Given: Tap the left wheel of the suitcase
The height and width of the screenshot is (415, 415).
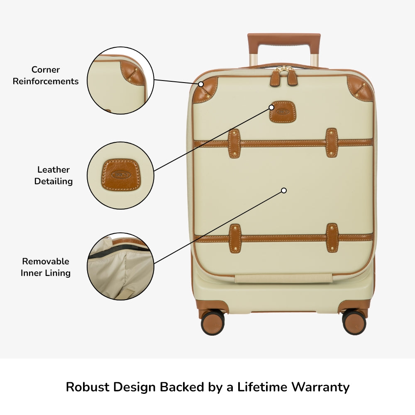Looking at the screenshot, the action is pyautogui.click(x=212, y=322).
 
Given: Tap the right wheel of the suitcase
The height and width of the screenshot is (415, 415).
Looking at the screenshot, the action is pyautogui.click(x=354, y=322).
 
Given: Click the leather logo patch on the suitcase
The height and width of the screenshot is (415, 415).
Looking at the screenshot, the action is pyautogui.click(x=282, y=112).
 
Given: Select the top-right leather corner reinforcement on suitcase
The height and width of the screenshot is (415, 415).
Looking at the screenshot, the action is pyautogui.click(x=359, y=89).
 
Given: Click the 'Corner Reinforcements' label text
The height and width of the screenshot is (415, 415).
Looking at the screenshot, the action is pyautogui.click(x=46, y=76).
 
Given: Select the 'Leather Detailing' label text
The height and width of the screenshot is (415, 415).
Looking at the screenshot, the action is pyautogui.click(x=54, y=175).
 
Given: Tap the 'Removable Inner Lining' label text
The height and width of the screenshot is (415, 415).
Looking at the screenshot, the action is pyautogui.click(x=46, y=267).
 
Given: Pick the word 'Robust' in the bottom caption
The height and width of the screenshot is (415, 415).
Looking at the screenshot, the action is pyautogui.click(x=88, y=387).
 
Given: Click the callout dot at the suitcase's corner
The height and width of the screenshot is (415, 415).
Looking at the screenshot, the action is pyautogui.click(x=201, y=84).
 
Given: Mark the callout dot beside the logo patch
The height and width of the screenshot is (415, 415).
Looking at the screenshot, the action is pyautogui.click(x=271, y=107).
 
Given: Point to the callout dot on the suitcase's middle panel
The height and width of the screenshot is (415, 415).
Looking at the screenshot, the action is pyautogui.click(x=284, y=190).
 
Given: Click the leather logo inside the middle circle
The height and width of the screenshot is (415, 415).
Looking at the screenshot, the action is pyautogui.click(x=120, y=175).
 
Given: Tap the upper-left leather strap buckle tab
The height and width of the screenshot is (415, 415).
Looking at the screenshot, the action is pyautogui.click(x=234, y=144).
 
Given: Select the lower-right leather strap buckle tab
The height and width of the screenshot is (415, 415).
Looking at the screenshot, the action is pyautogui.click(x=332, y=238).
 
